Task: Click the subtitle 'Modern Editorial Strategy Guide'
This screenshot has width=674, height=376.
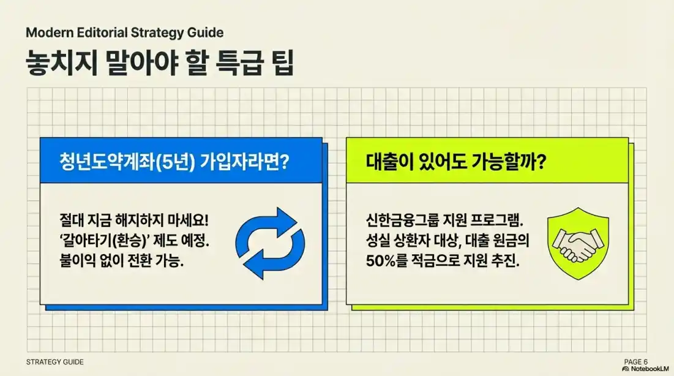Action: click(x=125, y=32)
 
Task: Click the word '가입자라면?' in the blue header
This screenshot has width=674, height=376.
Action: click(x=249, y=163)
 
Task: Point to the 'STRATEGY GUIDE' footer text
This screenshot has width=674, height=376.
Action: click(x=56, y=363)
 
